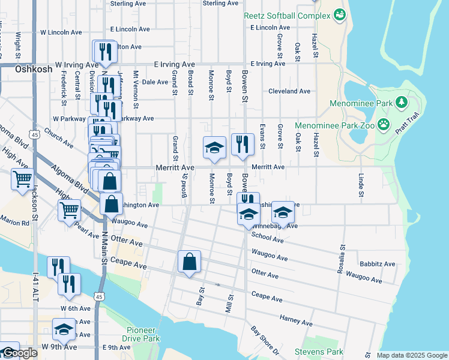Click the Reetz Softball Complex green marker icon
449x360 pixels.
tap(340, 13)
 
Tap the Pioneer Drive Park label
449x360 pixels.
tap(140, 334)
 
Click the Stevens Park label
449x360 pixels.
tap(318, 352)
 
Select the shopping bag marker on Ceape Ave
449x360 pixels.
tap(189, 262)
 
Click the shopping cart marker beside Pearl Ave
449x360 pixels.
tap(70, 211)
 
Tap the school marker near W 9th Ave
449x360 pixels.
tap(64, 329)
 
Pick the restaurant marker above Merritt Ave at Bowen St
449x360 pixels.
tap(243, 145)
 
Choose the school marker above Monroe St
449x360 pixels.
tap(214, 148)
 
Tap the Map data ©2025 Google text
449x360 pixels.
tap(411, 355)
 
